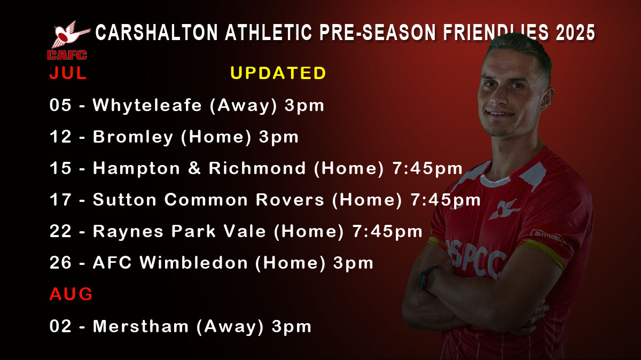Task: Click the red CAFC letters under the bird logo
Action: click(x=67, y=55)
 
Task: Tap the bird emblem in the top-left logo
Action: click(x=70, y=34)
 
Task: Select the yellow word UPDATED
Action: click(x=278, y=73)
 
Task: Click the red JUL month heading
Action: click(x=68, y=73)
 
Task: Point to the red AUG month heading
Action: click(x=71, y=294)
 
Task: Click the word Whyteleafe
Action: click(x=147, y=105)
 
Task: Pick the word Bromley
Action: click(x=133, y=137)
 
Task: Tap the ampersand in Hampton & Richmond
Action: click(x=194, y=168)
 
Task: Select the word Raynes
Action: click(x=128, y=231)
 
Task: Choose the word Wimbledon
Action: click(x=194, y=262)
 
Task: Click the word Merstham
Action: click(x=140, y=326)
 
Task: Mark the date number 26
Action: click(x=60, y=262)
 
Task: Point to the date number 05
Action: click(x=60, y=105)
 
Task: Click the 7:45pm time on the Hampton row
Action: click(x=427, y=168)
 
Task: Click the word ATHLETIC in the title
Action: click(x=268, y=33)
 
